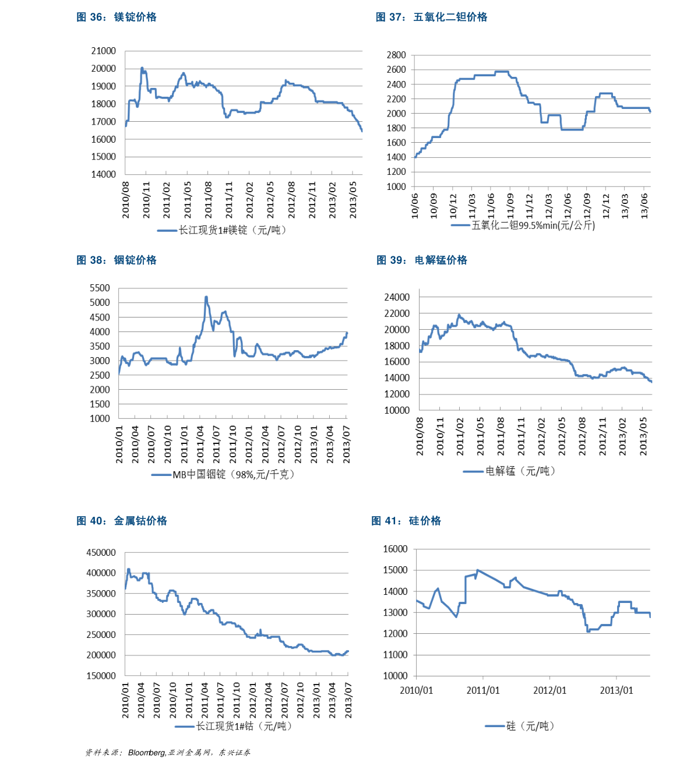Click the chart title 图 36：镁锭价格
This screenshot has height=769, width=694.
pos(117,17)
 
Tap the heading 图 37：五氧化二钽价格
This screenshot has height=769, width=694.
pos(431,17)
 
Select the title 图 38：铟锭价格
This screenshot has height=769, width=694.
pos(117,260)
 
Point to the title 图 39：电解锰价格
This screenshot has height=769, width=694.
pos(422,260)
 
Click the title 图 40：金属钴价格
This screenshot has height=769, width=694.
pos(122,521)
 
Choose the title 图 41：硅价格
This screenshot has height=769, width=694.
pos(406,521)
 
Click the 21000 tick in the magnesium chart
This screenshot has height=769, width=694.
pos(104,51)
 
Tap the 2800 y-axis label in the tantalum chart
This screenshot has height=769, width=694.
pos(396,55)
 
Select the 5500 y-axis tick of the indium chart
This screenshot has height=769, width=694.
pos(100,288)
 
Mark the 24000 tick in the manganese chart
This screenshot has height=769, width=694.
pos(397,297)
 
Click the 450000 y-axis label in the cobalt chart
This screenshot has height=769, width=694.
pos(101,553)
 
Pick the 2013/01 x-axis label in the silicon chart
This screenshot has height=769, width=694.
pos(617,690)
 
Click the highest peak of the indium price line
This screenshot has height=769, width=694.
pos(206,298)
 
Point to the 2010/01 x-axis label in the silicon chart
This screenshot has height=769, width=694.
pos(416,690)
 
